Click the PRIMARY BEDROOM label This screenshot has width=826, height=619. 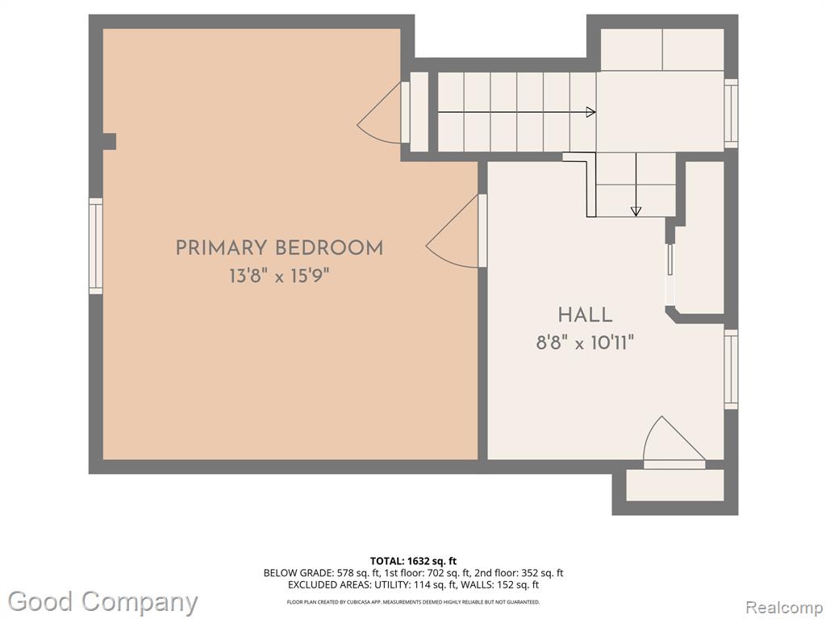[279, 248]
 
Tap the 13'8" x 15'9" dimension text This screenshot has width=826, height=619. [279, 276]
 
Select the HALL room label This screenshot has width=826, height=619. [586, 315]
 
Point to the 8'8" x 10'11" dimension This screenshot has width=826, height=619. [586, 343]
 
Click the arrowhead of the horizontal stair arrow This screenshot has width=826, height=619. [591, 112]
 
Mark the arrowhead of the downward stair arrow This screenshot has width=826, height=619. [636, 211]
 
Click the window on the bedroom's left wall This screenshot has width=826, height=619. [95, 246]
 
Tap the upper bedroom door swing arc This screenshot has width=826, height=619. [379, 118]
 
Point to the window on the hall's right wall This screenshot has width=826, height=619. [731, 369]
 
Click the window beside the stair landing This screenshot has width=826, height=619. [731, 113]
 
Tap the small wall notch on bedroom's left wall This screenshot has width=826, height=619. [109, 142]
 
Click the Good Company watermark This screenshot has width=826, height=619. [102, 602]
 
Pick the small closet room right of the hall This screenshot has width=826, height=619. [703, 237]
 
